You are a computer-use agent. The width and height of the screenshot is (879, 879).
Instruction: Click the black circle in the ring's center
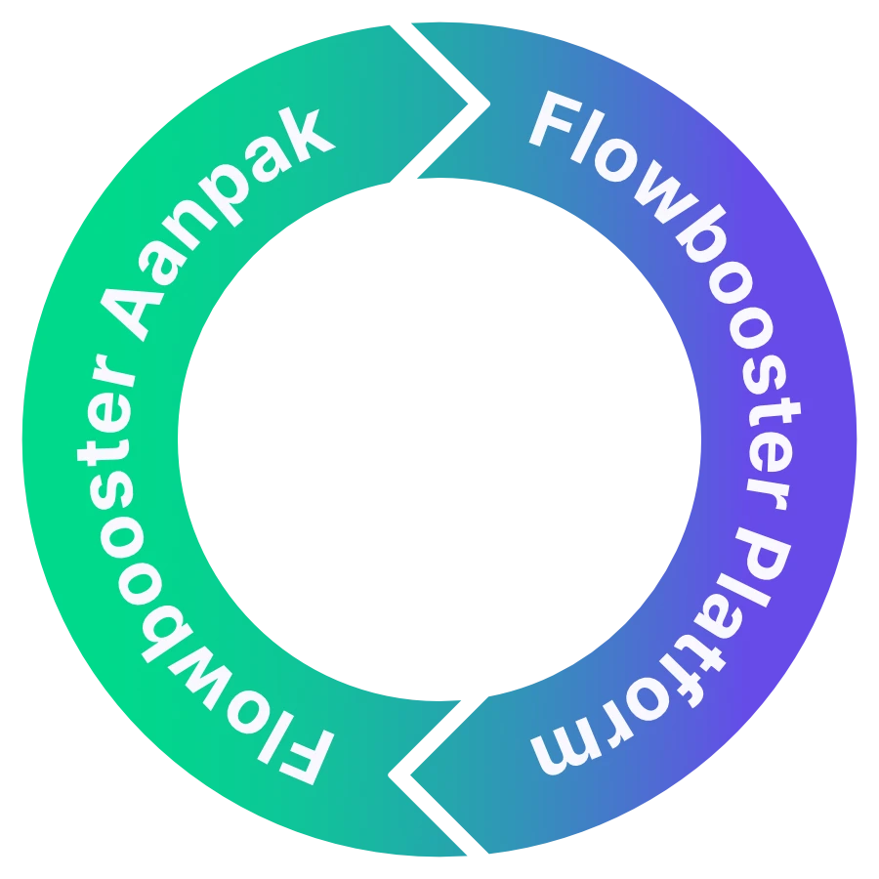tap(439, 439)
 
